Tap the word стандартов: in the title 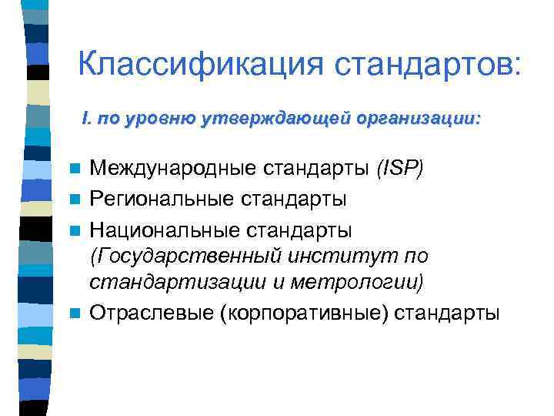click(428, 64)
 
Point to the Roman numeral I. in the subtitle click(87, 119)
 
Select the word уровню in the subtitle click(164, 119)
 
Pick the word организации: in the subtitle click(419, 119)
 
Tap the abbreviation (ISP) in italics click(399, 169)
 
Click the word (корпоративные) click(309, 313)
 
